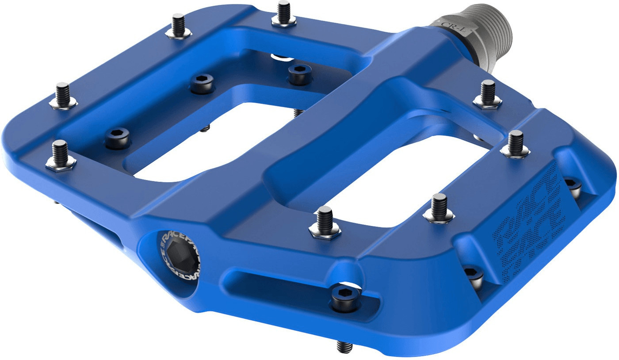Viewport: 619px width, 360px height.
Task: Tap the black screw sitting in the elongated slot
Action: click(x=347, y=297)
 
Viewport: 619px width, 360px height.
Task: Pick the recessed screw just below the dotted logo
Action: click(x=474, y=274)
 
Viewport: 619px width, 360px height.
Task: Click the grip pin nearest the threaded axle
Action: click(x=488, y=95)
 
